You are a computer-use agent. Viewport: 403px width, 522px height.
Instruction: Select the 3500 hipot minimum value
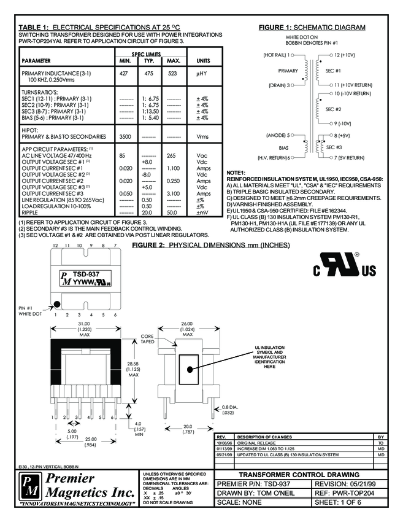click(x=125, y=136)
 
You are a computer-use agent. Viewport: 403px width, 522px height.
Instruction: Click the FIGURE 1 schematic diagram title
click(x=312, y=28)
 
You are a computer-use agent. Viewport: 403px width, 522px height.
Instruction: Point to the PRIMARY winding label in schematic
click(x=288, y=71)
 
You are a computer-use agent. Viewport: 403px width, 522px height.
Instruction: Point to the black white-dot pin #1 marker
click(x=56, y=303)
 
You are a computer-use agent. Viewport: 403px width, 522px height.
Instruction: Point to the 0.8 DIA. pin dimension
click(x=230, y=408)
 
